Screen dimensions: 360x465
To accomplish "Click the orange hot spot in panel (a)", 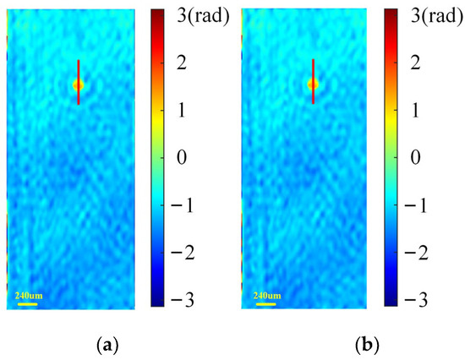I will [79, 85].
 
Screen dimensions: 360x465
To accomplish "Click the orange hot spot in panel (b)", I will [313, 84].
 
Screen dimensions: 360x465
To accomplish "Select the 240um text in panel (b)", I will [264, 295].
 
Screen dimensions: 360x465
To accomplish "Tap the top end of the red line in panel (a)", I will [79, 61].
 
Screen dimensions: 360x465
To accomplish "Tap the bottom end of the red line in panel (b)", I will [313, 103].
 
